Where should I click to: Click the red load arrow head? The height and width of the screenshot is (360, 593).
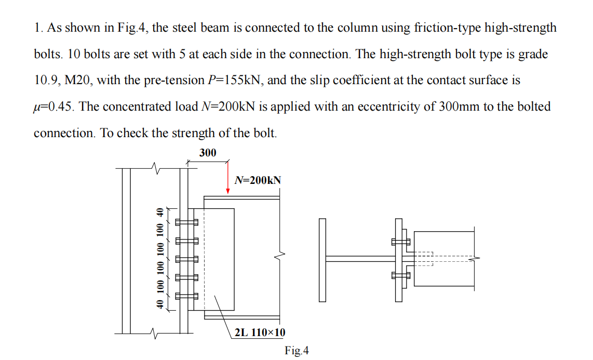(227, 191)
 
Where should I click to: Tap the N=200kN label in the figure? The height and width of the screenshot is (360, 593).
(258, 180)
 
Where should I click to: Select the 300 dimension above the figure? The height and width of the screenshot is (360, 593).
(208, 152)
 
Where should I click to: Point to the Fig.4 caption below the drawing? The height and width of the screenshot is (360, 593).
(297, 351)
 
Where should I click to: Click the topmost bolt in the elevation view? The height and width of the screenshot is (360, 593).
(186, 222)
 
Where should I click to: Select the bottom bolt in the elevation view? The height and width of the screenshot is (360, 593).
(186, 296)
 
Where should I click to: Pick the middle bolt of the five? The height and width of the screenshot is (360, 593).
(186, 259)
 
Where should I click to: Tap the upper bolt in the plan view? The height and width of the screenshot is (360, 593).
(400, 242)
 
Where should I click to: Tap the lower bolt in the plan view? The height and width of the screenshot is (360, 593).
(400, 276)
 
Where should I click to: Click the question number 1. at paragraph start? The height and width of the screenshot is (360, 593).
(38, 28)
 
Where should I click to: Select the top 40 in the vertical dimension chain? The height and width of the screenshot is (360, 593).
(160, 212)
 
